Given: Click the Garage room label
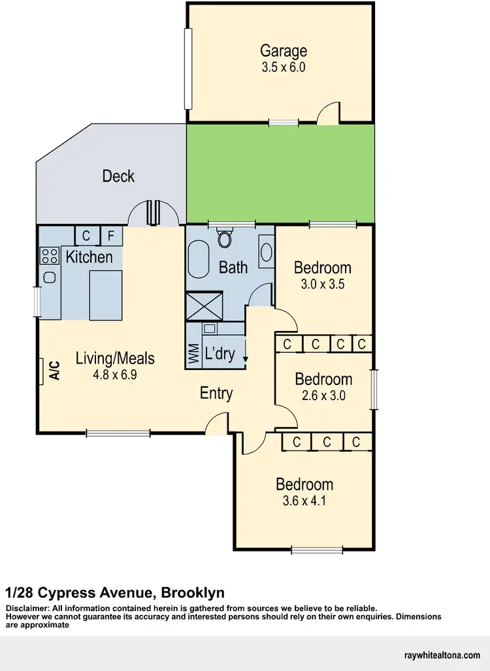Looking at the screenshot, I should (284, 50).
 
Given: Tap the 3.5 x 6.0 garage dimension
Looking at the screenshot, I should (284, 67).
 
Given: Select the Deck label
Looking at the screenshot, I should (118, 176).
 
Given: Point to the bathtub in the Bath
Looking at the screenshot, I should (198, 260).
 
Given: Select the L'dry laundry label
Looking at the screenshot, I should (220, 354).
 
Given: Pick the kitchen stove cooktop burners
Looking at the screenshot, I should (49, 255).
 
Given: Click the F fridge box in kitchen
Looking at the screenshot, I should (111, 235).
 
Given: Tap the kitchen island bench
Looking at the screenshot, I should (106, 294).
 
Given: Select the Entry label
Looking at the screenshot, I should (216, 394).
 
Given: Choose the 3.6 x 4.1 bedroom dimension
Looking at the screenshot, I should (304, 501).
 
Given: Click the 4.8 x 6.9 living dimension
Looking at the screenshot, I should (115, 375).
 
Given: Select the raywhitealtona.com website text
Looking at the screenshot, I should (443, 654).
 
